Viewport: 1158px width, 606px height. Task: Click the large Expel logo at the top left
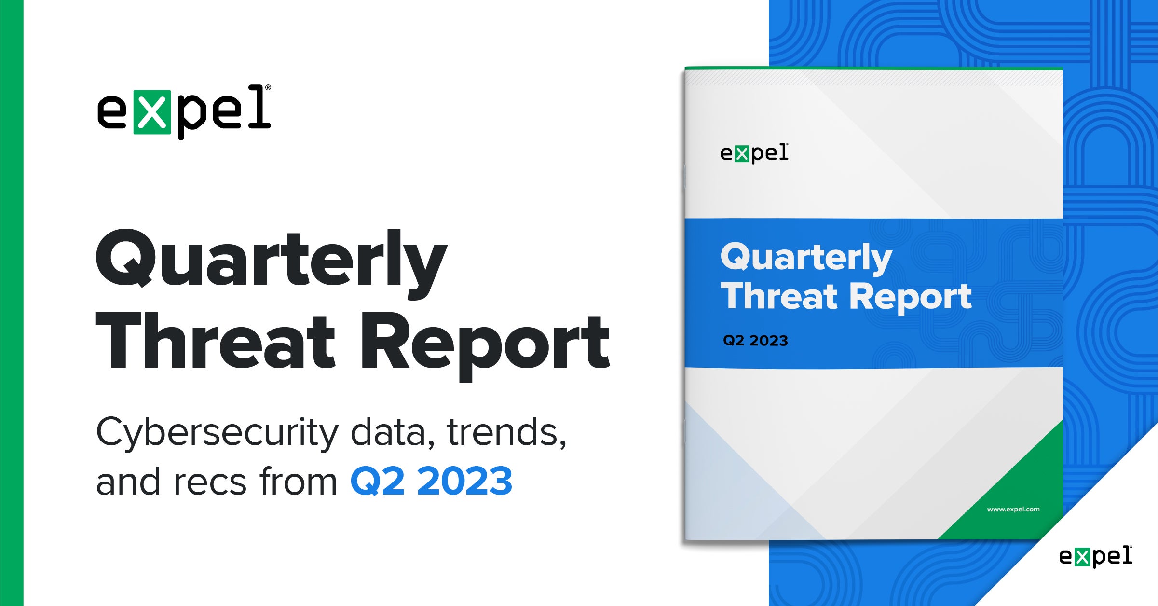pyautogui.click(x=184, y=112)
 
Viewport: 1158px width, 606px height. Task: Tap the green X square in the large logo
pyautogui.click(x=152, y=112)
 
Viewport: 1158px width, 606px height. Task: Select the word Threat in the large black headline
pyautogui.click(x=215, y=341)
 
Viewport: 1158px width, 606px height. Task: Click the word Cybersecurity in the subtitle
pyautogui.click(x=218, y=433)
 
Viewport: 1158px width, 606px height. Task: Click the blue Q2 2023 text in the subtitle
pyautogui.click(x=431, y=482)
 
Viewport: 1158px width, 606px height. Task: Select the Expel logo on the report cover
pyautogui.click(x=754, y=153)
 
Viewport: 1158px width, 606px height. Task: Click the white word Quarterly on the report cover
pyautogui.click(x=806, y=259)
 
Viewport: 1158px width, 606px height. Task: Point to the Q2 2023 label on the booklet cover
pyautogui.click(x=755, y=341)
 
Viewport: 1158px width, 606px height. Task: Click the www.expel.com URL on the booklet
pyautogui.click(x=1013, y=509)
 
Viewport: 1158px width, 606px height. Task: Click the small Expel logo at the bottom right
pyautogui.click(x=1096, y=556)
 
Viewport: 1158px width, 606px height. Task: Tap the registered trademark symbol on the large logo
pyautogui.click(x=268, y=88)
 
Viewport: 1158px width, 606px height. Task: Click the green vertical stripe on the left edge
pyautogui.click(x=12, y=303)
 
